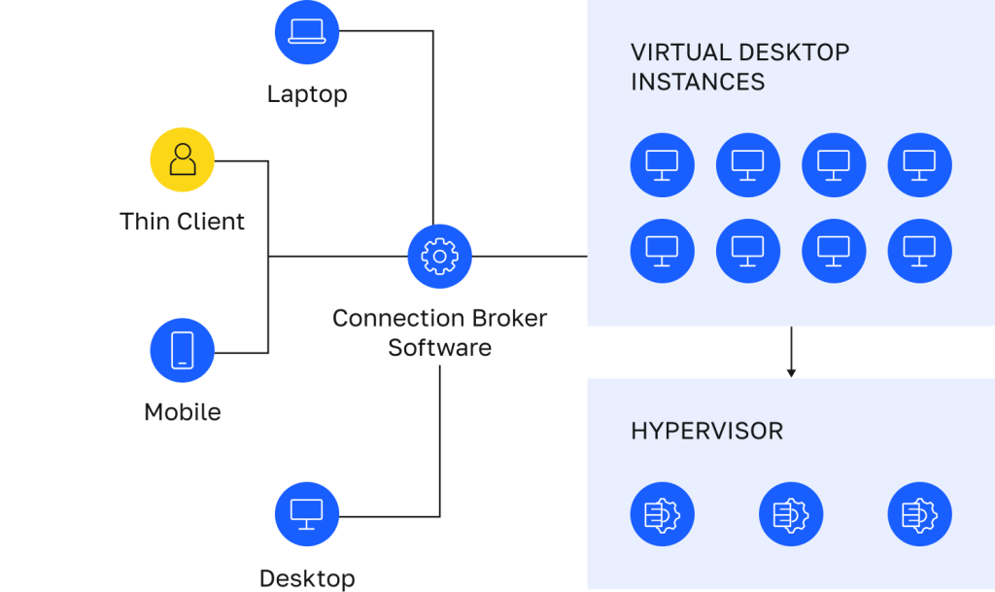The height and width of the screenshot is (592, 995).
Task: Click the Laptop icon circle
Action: point(307,32)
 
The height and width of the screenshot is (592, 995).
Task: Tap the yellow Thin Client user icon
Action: point(182,159)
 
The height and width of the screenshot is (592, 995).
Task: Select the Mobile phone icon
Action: point(182,350)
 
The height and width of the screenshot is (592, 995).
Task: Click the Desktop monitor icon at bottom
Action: point(307,514)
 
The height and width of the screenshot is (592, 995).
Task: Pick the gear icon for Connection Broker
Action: point(440,257)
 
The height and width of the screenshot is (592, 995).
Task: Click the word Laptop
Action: point(307,94)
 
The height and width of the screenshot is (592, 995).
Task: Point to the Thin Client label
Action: point(182,222)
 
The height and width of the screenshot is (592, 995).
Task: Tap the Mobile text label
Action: point(183,412)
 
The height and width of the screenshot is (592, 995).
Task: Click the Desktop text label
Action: point(307,578)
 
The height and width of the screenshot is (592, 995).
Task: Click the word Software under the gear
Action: point(440,348)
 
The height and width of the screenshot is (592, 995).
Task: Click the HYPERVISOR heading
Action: point(707,432)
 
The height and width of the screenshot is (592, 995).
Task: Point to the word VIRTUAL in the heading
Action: point(680,52)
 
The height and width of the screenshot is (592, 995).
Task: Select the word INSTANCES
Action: point(698,83)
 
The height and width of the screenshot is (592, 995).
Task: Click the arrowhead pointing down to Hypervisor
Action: point(791,373)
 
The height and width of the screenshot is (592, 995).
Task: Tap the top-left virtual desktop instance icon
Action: point(662,165)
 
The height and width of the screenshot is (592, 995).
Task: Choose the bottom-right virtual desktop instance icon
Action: point(919,251)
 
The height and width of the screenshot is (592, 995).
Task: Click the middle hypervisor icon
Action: point(791,514)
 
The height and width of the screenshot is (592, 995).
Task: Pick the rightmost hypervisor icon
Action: point(919,514)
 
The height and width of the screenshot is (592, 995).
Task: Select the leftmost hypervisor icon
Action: point(662,514)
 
